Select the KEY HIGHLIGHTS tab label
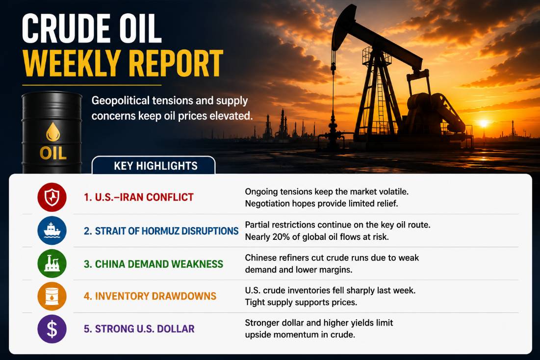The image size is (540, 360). [155, 166]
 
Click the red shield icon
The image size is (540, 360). [52, 197]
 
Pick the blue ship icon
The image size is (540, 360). [52, 231]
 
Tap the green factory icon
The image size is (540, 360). [52, 263]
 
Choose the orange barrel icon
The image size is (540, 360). [52, 296]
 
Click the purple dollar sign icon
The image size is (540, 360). [52, 329]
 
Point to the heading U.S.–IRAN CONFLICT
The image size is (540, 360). [139, 197]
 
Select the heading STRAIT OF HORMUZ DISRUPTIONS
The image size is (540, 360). [161, 231]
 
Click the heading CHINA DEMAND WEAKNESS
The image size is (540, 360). [154, 264]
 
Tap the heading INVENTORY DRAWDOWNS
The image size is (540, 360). [150, 296]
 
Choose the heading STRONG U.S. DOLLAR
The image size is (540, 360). [139, 329]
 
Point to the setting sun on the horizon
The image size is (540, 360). [484, 123]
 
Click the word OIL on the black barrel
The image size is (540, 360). [53, 154]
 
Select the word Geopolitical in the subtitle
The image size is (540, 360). [121, 101]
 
